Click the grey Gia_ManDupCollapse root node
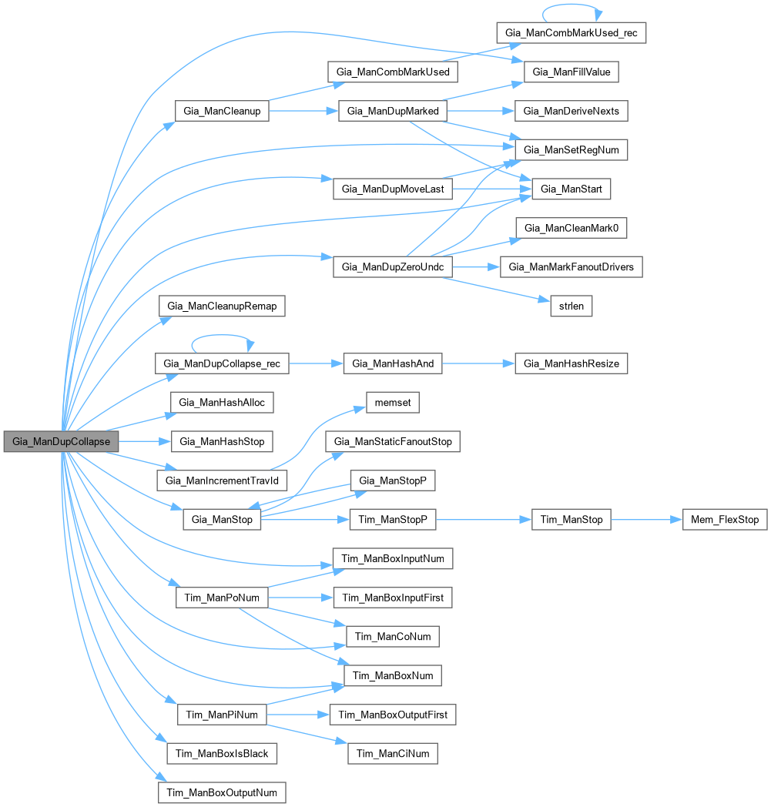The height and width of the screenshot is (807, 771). (x=62, y=441)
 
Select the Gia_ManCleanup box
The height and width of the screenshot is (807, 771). (x=222, y=111)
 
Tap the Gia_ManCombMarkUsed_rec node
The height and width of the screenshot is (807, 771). (x=570, y=32)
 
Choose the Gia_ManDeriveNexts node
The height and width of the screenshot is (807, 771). (x=571, y=111)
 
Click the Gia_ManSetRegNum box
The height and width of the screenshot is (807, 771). (x=571, y=149)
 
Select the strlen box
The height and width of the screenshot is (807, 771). (x=571, y=306)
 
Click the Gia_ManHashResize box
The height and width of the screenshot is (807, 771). (x=571, y=363)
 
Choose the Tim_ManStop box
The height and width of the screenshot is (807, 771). (x=571, y=520)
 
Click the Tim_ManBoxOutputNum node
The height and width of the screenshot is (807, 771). (x=222, y=792)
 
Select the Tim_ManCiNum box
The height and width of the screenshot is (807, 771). (x=393, y=753)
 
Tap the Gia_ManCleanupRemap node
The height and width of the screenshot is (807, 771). (x=222, y=306)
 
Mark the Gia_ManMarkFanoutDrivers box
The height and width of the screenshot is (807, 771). (x=571, y=266)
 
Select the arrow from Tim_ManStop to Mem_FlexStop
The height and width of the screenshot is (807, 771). (x=647, y=520)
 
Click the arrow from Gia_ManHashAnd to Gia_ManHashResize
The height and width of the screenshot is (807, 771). (x=478, y=363)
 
